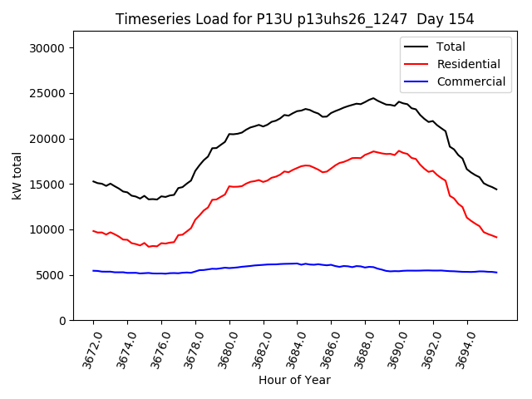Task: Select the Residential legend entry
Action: [468, 64]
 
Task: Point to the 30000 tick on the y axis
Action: [47, 48]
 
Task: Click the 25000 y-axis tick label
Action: [47, 93]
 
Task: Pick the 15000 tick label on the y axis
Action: [47, 184]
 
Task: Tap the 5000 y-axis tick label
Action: [51, 274]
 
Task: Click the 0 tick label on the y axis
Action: [62, 320]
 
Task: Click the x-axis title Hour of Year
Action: [294, 380]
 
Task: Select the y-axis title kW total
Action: [17, 175]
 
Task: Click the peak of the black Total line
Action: [373, 98]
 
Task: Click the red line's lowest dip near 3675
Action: [149, 247]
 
